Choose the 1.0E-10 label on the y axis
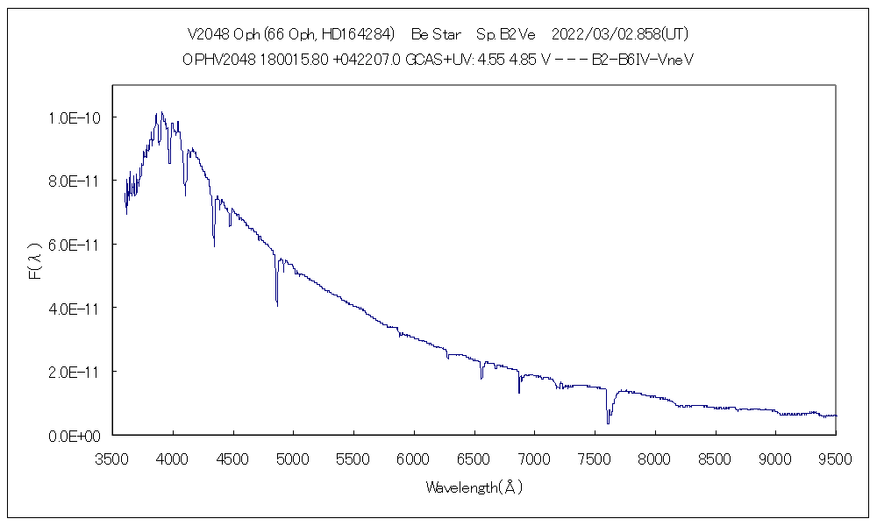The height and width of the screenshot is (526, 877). pos(75,117)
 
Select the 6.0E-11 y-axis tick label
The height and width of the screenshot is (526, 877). pos(75,245)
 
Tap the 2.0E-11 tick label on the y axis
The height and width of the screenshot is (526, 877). pos(75,372)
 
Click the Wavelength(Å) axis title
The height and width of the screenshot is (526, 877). pos(474,487)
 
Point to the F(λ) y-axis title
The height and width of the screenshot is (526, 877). pos(36,263)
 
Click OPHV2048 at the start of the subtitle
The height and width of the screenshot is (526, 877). pos(218,60)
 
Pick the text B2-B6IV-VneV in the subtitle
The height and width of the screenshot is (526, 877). pos(638,60)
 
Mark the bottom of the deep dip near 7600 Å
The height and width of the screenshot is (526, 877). pos(608,423)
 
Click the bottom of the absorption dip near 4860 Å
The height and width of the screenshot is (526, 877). pos(277,305)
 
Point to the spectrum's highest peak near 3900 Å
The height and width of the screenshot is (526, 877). pos(161,112)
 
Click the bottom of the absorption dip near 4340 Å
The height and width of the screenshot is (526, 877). pos(214,246)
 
